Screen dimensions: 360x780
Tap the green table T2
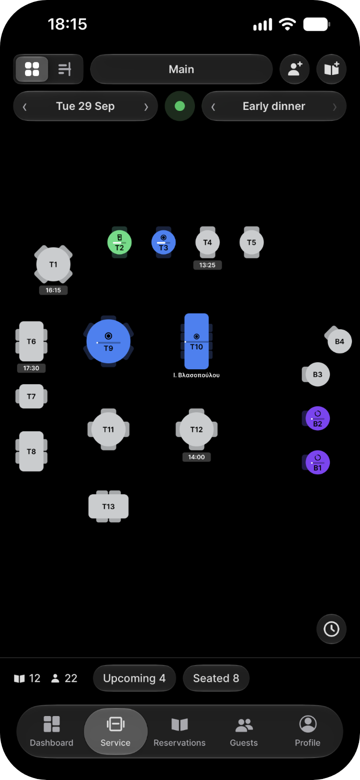pyautogui.click(x=119, y=242)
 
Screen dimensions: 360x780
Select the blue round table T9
pyautogui.click(x=108, y=342)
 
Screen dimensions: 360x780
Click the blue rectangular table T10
pyautogui.click(x=196, y=341)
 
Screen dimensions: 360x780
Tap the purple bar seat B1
pyautogui.click(x=317, y=462)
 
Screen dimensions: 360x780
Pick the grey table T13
pyautogui.click(x=108, y=506)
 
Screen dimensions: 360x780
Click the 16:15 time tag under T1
pyautogui.click(x=53, y=290)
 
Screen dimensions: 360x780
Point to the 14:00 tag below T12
pyautogui.click(x=196, y=457)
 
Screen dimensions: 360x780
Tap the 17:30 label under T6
pyautogui.click(x=31, y=368)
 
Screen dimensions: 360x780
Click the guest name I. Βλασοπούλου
pyautogui.click(x=196, y=375)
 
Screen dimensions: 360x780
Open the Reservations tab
pyautogui.click(x=179, y=732)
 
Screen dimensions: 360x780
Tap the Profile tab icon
pyautogui.click(x=307, y=725)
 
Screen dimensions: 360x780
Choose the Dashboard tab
pyautogui.click(x=51, y=732)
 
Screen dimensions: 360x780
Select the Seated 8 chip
pyautogui.click(x=216, y=678)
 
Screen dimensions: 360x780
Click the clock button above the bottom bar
pyautogui.click(x=331, y=629)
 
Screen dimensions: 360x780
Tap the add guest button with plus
pyautogui.click(x=295, y=69)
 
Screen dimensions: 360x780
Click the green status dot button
pyautogui.click(x=180, y=106)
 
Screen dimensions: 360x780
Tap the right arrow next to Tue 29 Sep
pyautogui.click(x=146, y=107)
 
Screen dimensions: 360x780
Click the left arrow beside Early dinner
pyautogui.click(x=213, y=107)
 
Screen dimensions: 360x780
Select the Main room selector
pyautogui.click(x=181, y=69)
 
